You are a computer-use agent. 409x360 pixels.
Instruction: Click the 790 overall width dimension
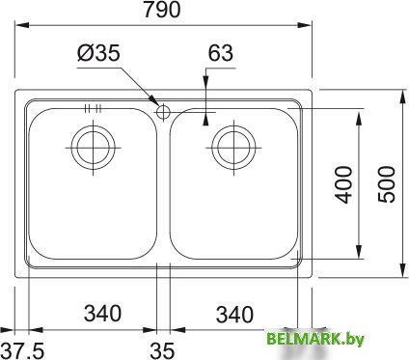pyautogui.click(x=162, y=10)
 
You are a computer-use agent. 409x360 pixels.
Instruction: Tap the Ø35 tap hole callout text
pyautogui.click(x=98, y=52)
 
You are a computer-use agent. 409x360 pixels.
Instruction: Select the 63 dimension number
pyautogui.click(x=221, y=53)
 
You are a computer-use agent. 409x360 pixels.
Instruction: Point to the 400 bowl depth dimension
pyautogui.click(x=343, y=184)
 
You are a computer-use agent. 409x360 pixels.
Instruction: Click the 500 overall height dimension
pyautogui.click(x=386, y=184)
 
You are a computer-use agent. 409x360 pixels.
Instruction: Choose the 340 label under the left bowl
pyautogui.click(x=102, y=313)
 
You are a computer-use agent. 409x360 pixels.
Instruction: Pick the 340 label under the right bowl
pyautogui.click(x=234, y=315)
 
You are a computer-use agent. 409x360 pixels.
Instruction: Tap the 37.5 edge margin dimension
pyautogui.click(x=22, y=350)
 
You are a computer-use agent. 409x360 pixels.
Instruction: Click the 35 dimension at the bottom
pyautogui.click(x=162, y=350)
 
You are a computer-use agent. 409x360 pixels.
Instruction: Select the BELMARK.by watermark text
pyautogui.click(x=315, y=339)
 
